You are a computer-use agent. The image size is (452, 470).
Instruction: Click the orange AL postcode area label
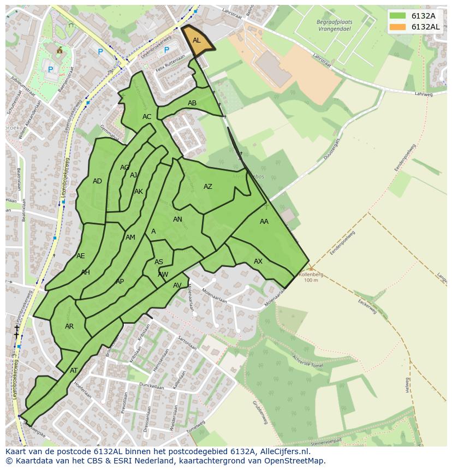coord(197,40)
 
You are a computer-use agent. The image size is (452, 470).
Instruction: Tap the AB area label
coord(192,103)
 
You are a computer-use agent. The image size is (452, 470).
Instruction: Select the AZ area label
coord(208,187)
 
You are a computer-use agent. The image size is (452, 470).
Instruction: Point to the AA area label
coord(264,222)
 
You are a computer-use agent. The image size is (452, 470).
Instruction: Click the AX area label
coord(258,261)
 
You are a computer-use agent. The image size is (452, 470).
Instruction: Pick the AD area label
coord(97,181)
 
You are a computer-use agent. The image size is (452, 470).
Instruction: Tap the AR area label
coord(69,326)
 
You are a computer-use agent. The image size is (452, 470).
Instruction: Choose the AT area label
coord(74,371)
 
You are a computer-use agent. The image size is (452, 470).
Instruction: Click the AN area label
coord(177,219)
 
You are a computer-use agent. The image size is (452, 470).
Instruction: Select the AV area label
coord(177,285)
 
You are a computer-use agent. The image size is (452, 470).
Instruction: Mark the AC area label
coord(147,117)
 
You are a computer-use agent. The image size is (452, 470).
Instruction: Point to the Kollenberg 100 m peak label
coord(311,277)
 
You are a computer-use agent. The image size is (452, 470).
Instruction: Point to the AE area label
coord(81,256)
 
